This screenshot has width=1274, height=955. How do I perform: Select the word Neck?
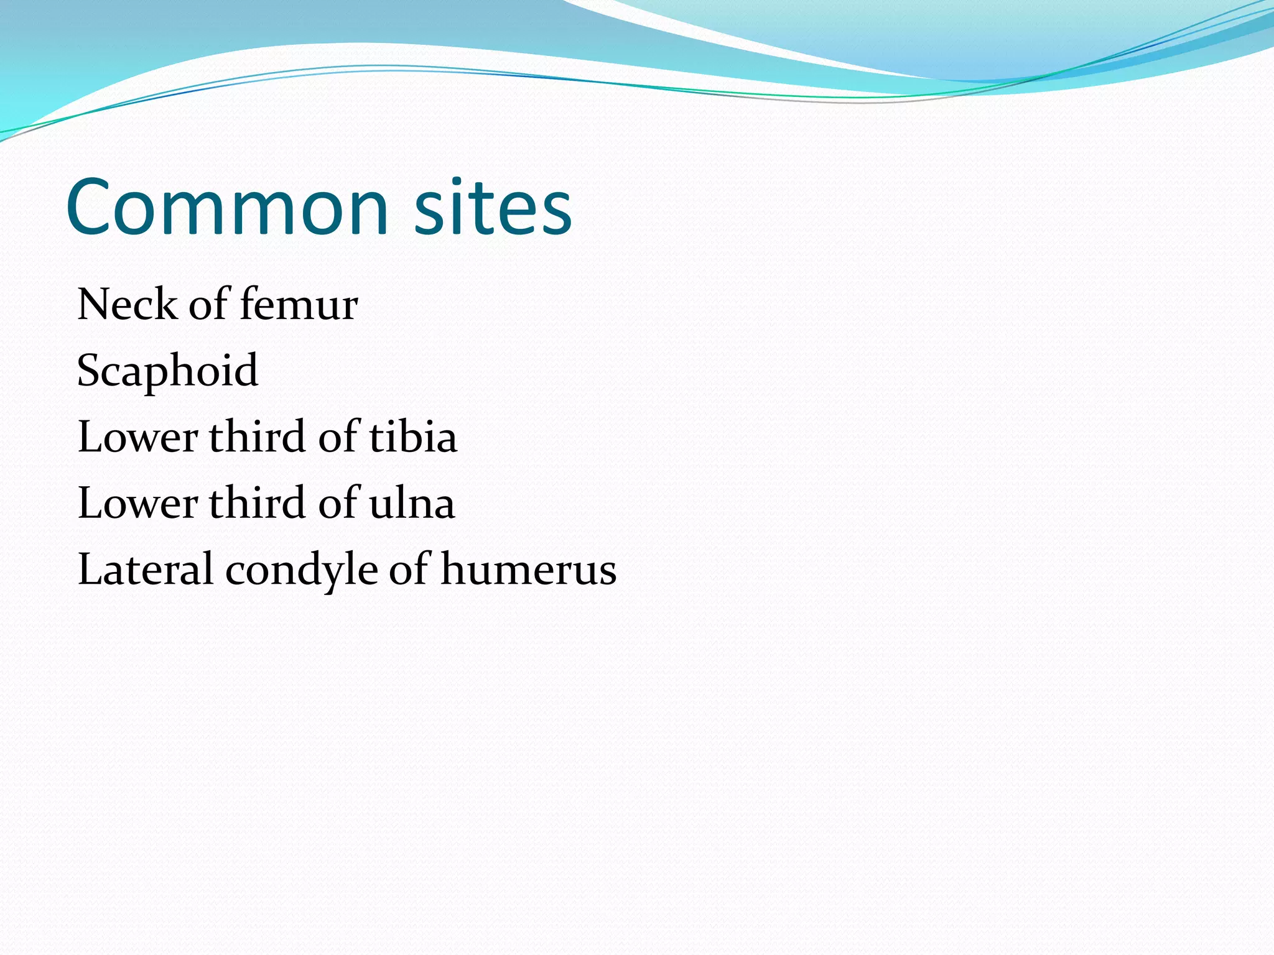[x=127, y=305]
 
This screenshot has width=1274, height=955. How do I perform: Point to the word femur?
[x=299, y=305]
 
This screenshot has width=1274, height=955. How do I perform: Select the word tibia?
[x=413, y=437]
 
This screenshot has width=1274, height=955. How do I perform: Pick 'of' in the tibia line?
[x=339, y=437]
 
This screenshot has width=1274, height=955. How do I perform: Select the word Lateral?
[x=146, y=570]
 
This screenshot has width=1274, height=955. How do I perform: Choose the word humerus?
[x=529, y=570]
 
